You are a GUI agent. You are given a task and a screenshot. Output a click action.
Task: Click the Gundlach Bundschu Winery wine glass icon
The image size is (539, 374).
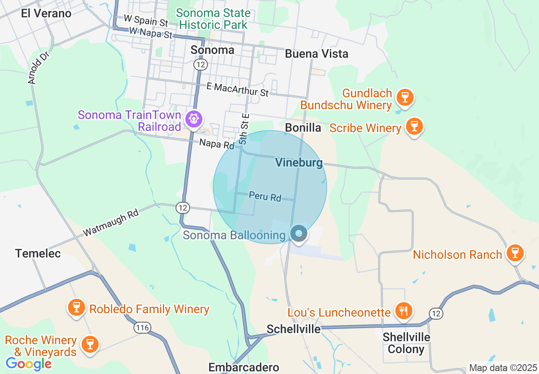click(405, 97)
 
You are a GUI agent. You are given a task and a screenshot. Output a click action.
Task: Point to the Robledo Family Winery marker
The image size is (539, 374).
click(77, 307)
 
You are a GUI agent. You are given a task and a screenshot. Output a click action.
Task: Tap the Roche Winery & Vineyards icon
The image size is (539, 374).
click(90, 343)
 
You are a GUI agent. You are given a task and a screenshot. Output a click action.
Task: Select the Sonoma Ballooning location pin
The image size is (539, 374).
click(299, 233)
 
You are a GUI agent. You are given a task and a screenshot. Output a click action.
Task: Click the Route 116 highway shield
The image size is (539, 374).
click(141, 327)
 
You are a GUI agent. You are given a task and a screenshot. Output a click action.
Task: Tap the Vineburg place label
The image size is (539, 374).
click(299, 162)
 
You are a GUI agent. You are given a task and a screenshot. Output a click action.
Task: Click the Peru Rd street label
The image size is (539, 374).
click(265, 196)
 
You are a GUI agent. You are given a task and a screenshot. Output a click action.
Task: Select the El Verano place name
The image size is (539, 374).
click(46, 13)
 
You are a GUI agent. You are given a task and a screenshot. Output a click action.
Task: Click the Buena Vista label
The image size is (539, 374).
click(317, 54)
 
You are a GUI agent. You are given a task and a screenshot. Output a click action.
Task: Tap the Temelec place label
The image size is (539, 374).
click(38, 253)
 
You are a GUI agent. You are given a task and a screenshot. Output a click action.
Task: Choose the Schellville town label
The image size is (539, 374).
click(293, 329)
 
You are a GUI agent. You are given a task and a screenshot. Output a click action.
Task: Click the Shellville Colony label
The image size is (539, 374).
click(406, 343)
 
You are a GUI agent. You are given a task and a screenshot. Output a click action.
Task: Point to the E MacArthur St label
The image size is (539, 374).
click(238, 89)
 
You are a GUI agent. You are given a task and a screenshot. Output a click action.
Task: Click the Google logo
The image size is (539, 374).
click(28, 364)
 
